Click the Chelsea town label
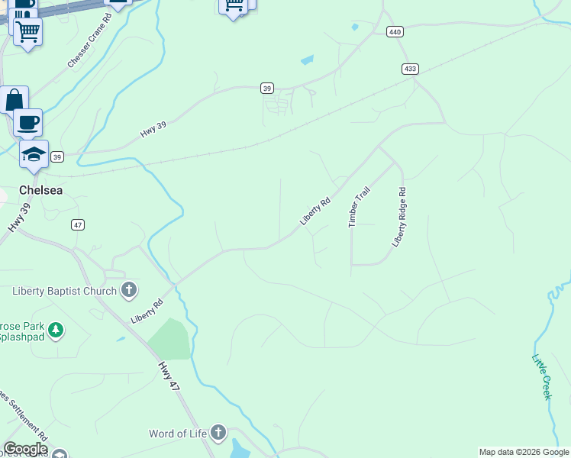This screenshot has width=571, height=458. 41,190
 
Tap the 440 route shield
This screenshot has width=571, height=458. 394,32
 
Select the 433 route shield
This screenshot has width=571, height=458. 410,69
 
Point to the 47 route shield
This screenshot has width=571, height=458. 77,224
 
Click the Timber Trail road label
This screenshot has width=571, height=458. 359,207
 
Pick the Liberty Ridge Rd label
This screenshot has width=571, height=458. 400,218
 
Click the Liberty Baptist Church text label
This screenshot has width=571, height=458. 65,291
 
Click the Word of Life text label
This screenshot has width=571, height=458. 178,434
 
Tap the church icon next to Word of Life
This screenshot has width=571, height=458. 218,434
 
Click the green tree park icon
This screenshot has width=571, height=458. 55,331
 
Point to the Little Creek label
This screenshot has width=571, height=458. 541,376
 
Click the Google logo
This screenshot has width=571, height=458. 25,450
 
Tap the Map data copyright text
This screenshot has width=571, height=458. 524,452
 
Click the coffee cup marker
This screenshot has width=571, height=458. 28,122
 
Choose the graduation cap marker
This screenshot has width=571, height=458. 34,154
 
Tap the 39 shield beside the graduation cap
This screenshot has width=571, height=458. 57,156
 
